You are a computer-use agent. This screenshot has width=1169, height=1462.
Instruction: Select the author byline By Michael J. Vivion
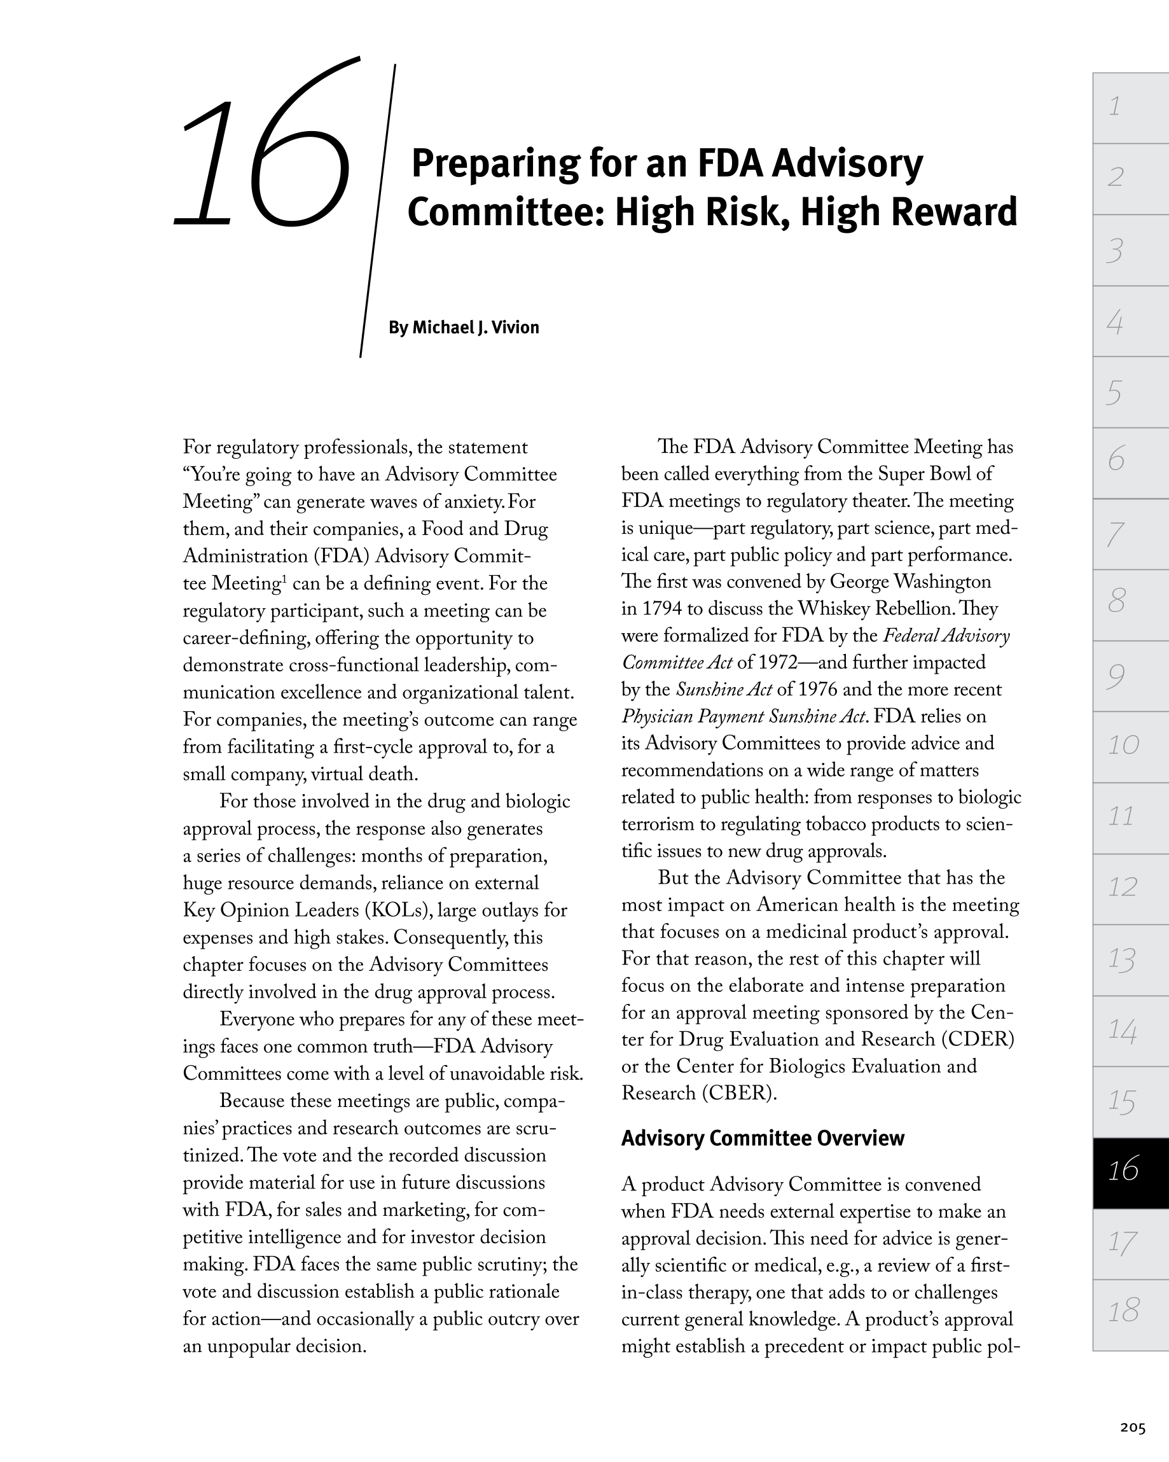(x=464, y=328)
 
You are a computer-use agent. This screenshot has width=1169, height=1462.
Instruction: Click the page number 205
(x=1132, y=1428)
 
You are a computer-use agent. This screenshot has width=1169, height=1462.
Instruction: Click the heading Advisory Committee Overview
(x=762, y=1138)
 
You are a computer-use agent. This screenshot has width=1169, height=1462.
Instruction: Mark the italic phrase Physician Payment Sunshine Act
(x=745, y=717)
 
